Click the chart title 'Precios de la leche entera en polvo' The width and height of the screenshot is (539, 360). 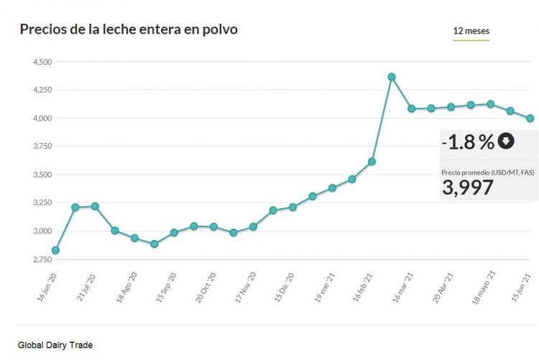[x=129, y=29]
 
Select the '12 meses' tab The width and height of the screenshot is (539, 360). [x=471, y=31]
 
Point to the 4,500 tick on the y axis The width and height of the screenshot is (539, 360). [x=41, y=62]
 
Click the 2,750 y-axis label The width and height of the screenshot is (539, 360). [x=41, y=259]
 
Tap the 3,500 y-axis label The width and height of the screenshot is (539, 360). [x=41, y=175]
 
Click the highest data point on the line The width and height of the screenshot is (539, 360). [x=392, y=77]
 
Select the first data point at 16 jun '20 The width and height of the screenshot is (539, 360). [x=55, y=250]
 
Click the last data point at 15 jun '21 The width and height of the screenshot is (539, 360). [x=530, y=119]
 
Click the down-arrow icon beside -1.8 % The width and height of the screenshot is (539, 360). [x=506, y=141]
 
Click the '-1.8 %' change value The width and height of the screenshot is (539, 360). [x=469, y=142]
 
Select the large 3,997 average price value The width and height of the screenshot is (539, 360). [x=467, y=188]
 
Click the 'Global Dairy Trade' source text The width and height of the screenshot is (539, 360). [x=55, y=346]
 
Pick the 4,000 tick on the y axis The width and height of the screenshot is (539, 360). [x=41, y=119]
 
